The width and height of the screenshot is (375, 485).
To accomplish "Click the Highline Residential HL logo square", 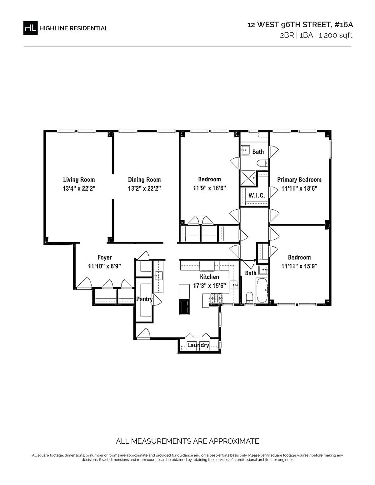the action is coord(30,28).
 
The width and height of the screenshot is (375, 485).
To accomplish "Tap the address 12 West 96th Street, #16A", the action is coord(300,25).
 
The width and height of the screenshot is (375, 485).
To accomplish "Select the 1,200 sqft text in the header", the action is coord(335,35).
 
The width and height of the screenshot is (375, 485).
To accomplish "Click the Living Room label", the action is coord(79,179).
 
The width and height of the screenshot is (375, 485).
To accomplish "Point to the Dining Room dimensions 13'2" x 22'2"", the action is coord(144,188).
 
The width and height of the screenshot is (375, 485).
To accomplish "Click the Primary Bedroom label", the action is coord(299,180).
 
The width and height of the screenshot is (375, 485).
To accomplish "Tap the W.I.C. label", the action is coord(257,196).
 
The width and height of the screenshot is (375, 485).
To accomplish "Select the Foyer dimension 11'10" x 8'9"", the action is coord(105,266).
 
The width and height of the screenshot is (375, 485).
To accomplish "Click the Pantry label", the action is coord(144,299).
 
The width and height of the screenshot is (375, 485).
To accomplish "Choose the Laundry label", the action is coord(198,345).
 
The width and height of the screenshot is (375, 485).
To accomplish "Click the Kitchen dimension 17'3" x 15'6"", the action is coord(209,285).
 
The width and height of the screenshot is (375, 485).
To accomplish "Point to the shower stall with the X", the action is coord(248,178).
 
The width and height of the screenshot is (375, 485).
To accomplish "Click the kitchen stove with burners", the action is coord(216,298).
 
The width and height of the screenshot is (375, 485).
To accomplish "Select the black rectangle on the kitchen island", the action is coord(184,307).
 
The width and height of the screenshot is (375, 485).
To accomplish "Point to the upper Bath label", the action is coord(258,152).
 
